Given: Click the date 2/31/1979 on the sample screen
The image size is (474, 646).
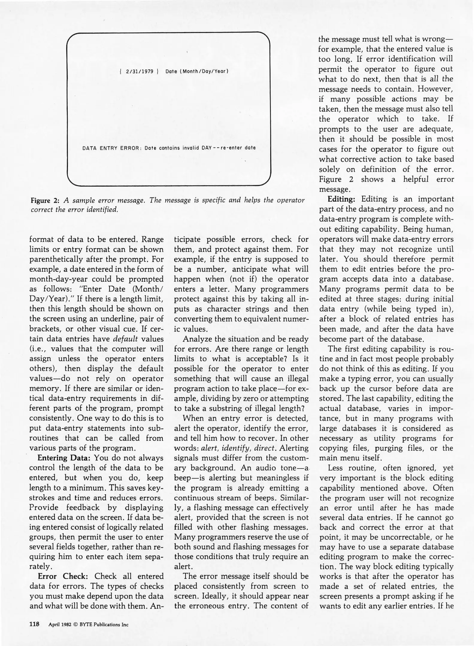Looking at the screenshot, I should pyautogui.click(x=140, y=71).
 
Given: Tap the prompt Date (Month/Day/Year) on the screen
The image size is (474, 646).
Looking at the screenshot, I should pyautogui.click(x=197, y=71).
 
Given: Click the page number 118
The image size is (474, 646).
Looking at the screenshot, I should pyautogui.click(x=34, y=624).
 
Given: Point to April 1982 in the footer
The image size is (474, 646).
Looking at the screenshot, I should pyautogui.click(x=60, y=624).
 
